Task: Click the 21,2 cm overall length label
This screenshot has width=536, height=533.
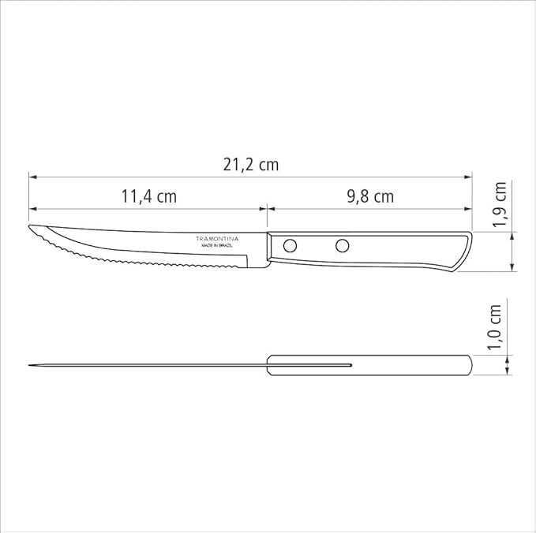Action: pyautogui.click(x=251, y=165)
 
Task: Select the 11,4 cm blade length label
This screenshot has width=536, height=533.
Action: pyautogui.click(x=149, y=196)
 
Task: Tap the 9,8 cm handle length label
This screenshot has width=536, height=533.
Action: pyautogui.click(x=370, y=196)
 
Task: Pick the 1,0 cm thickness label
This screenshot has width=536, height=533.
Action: pyautogui.click(x=495, y=327)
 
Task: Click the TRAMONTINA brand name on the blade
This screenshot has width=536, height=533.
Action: pyautogui.click(x=217, y=239)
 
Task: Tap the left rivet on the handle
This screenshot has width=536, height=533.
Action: pyautogui.click(x=290, y=245)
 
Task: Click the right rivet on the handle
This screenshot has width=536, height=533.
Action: pyautogui.click(x=342, y=245)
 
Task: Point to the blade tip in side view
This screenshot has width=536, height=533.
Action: pyautogui.click(x=29, y=225)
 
